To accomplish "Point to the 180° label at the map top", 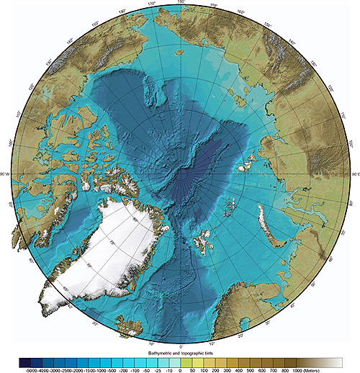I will coord(179,3).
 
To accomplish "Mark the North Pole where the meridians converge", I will coord(180,175).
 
